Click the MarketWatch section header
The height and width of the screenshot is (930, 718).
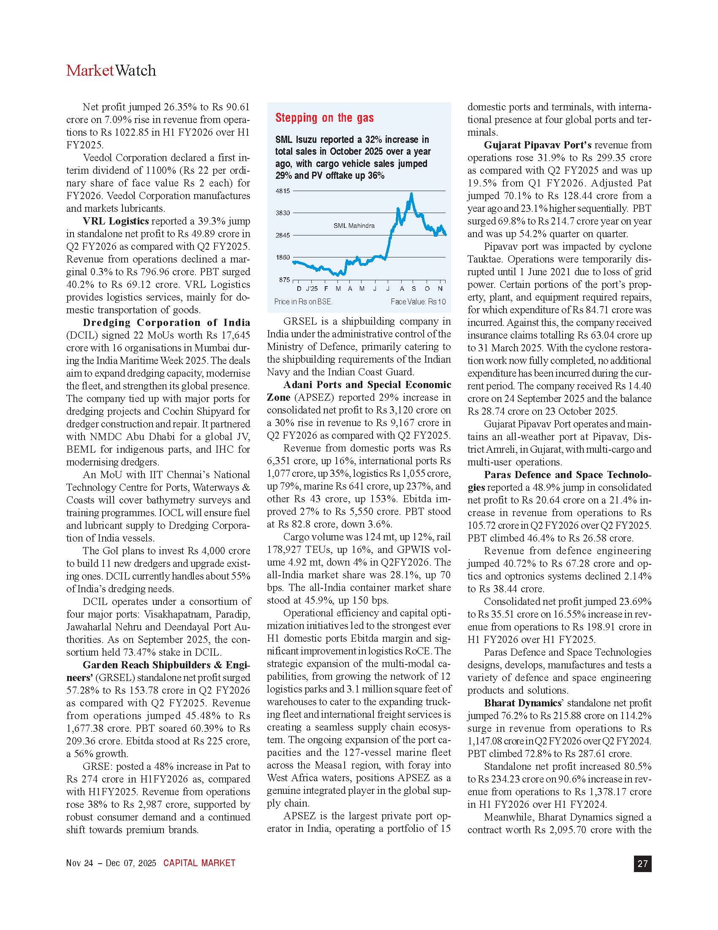[111, 71]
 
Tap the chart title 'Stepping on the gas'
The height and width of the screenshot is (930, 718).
[324, 118]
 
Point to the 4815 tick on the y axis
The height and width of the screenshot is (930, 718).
[283, 191]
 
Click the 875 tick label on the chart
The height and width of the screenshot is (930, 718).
[284, 280]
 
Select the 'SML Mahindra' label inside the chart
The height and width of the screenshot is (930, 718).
[354, 226]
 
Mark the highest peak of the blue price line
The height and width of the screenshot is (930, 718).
[411, 194]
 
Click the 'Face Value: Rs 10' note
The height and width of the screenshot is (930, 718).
[418, 302]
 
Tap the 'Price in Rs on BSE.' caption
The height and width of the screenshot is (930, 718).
[303, 302]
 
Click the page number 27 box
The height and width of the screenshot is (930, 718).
[642, 864]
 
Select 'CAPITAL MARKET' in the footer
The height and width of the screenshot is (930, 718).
[199, 863]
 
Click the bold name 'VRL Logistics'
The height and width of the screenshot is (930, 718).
[116, 222]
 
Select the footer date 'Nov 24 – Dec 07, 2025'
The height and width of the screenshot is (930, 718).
[111, 863]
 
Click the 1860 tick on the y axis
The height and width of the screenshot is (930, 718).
[283, 257]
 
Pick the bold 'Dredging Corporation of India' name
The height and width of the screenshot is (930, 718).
[166, 323]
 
